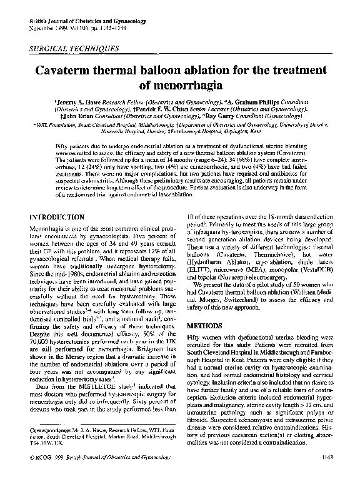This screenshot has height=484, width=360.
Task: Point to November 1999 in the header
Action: (46, 29)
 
